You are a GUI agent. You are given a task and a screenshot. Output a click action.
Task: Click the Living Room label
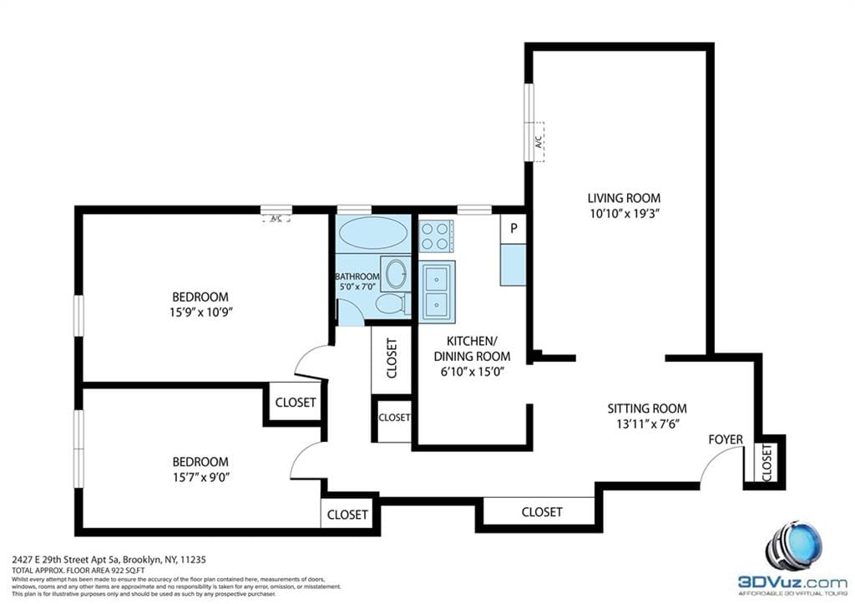pos(624,198)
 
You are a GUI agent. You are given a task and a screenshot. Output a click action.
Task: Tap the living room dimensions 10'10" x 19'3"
pos(624,213)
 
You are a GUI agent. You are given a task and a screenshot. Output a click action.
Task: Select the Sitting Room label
pos(646,409)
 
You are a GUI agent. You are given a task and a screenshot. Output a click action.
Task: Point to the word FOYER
pos(726,439)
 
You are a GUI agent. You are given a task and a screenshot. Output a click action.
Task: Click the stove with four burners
pos(436,236)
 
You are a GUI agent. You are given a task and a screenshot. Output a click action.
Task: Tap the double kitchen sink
pos(437,290)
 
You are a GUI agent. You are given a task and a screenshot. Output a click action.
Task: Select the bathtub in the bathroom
pos(372,232)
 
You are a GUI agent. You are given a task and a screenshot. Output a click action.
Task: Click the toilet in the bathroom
pos(391,303)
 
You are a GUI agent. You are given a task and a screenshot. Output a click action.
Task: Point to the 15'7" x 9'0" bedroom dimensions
pos(200,477)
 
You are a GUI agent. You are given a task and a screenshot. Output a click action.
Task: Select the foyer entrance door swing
pos(720,466)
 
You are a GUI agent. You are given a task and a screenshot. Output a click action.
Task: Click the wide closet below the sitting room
pos(541,511)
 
